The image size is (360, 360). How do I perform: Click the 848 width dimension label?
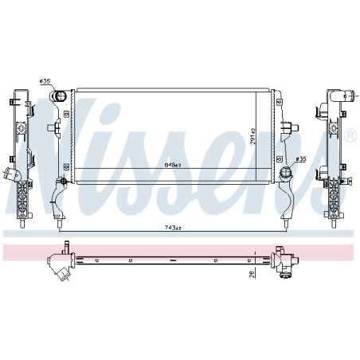pos(172,165)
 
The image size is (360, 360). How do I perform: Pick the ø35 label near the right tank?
pos(300,158)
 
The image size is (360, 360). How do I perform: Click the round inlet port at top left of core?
pos(60,97)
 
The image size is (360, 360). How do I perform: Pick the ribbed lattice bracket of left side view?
pos(23,199)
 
